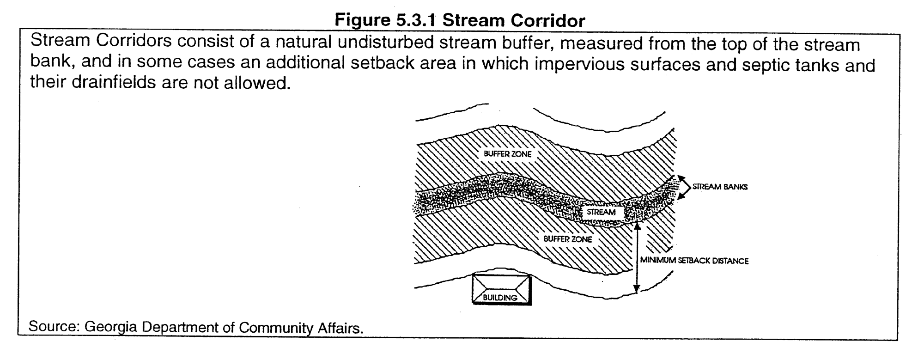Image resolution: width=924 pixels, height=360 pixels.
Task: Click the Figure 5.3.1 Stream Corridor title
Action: click(x=460, y=21)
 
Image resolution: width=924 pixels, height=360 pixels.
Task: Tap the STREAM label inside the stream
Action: click(x=601, y=212)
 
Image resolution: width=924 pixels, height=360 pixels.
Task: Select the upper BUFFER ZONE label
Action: click(x=507, y=154)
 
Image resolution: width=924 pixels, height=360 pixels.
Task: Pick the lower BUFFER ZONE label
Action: click(x=567, y=239)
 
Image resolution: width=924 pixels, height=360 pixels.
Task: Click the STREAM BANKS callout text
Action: click(x=719, y=187)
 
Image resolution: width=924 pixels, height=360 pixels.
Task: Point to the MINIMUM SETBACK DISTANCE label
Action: click(x=694, y=261)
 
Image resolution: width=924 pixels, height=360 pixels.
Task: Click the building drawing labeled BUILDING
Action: click(x=501, y=289)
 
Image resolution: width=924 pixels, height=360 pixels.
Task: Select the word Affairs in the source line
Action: click(x=340, y=328)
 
